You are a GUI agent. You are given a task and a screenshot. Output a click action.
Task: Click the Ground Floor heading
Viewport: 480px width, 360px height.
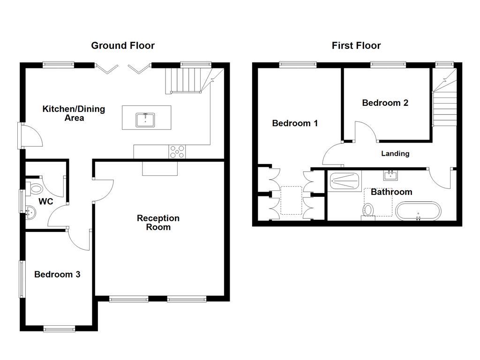[122, 45]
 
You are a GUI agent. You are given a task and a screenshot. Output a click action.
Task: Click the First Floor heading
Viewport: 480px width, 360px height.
[356, 45]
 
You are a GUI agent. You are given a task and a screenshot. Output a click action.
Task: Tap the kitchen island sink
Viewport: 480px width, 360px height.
[146, 120]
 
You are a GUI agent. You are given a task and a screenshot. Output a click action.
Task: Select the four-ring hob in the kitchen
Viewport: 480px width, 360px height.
[177, 151]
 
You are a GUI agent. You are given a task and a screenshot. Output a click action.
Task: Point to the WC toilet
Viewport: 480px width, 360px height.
[35, 189]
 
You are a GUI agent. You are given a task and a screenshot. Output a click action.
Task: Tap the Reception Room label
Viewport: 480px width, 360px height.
[158, 223]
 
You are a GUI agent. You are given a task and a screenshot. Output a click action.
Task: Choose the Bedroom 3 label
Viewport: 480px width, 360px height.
[57, 275]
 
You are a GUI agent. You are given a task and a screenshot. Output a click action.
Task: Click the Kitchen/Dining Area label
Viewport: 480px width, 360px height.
[74, 113]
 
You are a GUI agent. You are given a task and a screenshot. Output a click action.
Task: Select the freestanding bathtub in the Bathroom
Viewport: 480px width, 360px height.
[418, 211]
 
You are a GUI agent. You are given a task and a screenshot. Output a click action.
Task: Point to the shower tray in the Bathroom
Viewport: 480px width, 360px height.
[345, 180]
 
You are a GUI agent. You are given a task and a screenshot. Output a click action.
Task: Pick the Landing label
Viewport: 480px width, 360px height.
[395, 153]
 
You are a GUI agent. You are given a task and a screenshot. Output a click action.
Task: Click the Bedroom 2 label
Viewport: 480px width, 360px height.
[385, 103]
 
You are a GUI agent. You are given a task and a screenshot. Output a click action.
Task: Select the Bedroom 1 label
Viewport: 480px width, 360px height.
[295, 123]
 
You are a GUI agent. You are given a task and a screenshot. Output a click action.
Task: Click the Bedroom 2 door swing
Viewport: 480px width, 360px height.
[366, 131]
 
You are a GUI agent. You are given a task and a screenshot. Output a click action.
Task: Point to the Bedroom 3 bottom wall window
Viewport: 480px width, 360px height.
[59, 329]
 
